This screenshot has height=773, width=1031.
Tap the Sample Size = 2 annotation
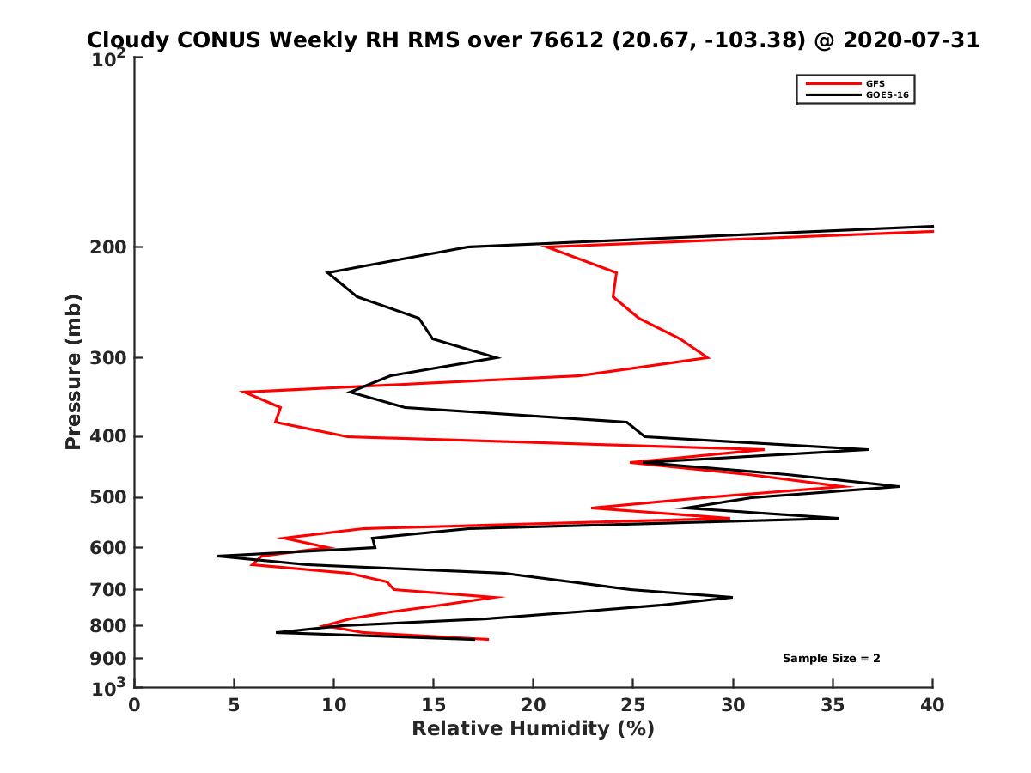[831, 659]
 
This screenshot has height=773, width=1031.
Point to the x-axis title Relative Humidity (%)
[533, 729]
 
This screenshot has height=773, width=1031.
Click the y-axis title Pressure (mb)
[73, 371]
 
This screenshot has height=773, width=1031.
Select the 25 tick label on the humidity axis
[633, 706]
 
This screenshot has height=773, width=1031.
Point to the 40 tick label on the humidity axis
[932, 706]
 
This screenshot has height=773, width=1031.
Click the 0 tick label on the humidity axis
[135, 706]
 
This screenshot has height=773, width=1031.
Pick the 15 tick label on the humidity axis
[433, 706]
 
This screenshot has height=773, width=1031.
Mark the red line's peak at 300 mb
[709, 357]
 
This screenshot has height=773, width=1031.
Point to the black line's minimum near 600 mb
[218, 556]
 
